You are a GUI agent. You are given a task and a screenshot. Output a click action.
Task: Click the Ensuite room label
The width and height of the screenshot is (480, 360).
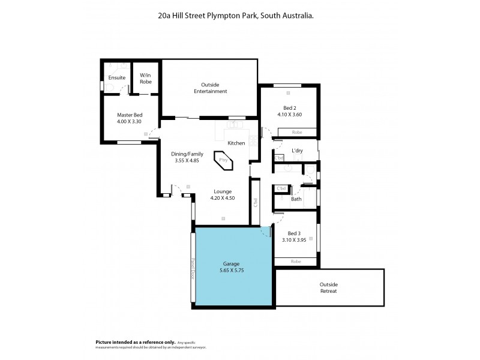point(117,78)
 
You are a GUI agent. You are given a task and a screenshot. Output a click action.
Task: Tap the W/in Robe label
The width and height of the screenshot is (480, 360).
point(146,79)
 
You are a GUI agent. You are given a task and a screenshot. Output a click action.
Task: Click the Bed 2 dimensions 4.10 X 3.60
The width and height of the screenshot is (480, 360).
point(289,114)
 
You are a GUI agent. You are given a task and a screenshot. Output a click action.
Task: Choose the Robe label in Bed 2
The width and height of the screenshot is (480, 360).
point(296,132)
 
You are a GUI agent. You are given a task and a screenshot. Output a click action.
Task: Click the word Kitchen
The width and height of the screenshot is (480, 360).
point(236,143)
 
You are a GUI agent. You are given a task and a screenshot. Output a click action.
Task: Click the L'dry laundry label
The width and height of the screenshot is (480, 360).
point(296,150)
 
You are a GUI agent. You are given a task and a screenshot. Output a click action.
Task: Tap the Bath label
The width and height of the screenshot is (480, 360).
point(296,199)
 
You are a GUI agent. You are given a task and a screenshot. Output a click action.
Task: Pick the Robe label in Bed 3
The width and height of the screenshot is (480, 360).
point(295,262)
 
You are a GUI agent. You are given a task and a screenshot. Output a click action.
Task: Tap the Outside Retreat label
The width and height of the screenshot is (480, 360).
point(328,287)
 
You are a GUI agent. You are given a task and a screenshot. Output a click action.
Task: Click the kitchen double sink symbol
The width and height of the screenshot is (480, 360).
point(233,126)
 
